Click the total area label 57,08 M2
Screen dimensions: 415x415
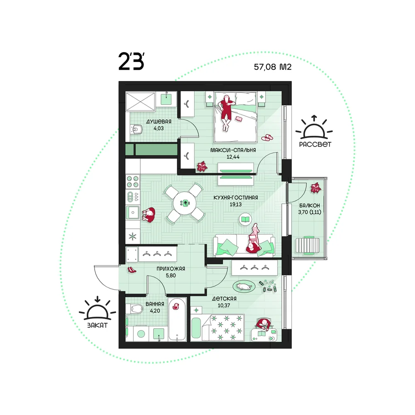coord(273,67)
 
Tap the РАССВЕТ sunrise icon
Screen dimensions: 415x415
coord(314,127)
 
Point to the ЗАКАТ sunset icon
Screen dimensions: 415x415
coord(98,309)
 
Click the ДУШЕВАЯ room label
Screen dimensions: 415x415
coord(159,122)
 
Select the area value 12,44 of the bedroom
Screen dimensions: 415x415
coord(233,157)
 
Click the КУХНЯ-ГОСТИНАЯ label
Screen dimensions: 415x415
coord(236,198)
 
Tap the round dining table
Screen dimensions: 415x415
coord(185,203)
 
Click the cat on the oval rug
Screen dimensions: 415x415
coord(244,286)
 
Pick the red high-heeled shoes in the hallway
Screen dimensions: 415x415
coord(132,270)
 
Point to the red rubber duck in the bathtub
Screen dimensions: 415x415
coord(175,306)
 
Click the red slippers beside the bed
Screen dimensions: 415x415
coord(267,138)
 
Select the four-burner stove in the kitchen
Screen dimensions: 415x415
coord(133,182)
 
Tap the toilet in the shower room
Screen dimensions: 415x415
coord(136,129)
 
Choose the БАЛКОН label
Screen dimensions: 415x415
coord(310,205)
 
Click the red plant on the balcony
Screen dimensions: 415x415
coord(315,188)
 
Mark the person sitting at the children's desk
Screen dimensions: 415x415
coord(264,324)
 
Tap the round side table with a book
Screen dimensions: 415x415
coord(246,219)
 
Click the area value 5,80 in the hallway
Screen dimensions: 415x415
coord(171,276)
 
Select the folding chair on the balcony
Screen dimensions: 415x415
coord(307,246)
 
